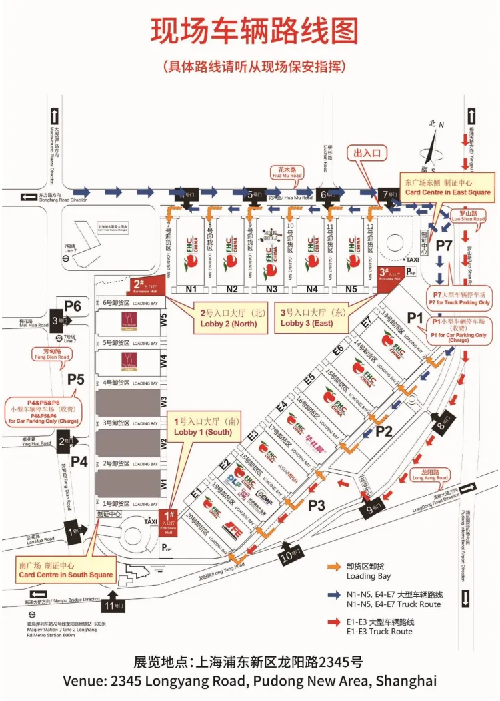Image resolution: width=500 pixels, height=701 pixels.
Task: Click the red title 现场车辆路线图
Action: (255, 31)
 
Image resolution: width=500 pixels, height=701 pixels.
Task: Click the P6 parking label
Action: (72, 306)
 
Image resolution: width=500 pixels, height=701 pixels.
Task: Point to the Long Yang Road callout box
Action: (430, 474)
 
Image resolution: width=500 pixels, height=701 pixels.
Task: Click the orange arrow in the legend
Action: (333, 567)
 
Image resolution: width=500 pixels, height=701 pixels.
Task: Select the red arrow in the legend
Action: (333, 622)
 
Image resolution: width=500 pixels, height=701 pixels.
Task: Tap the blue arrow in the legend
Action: (333, 594)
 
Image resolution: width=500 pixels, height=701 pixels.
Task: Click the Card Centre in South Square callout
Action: (65, 570)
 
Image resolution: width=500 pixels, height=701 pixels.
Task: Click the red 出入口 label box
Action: (370, 153)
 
